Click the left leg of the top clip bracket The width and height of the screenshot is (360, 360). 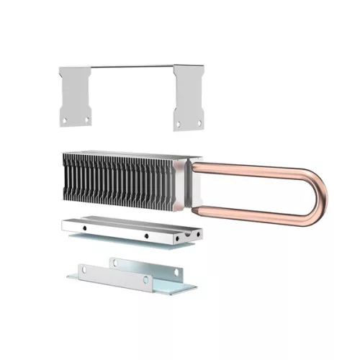pyautogui.click(x=73, y=94)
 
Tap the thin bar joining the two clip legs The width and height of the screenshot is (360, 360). pyautogui.click(x=130, y=66)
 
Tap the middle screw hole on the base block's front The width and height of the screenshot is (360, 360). pyautogui.click(x=145, y=235)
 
